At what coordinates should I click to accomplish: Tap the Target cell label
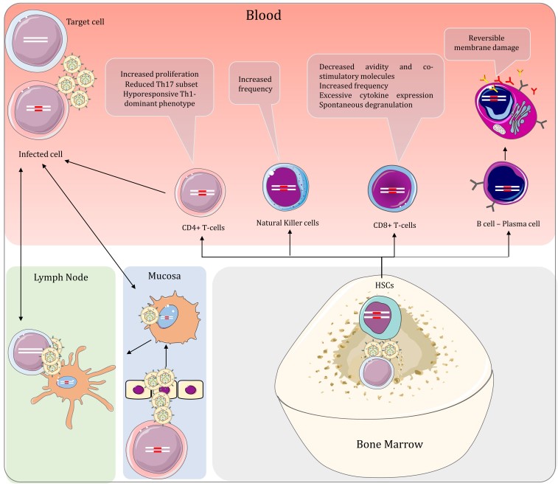pos(86,22)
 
